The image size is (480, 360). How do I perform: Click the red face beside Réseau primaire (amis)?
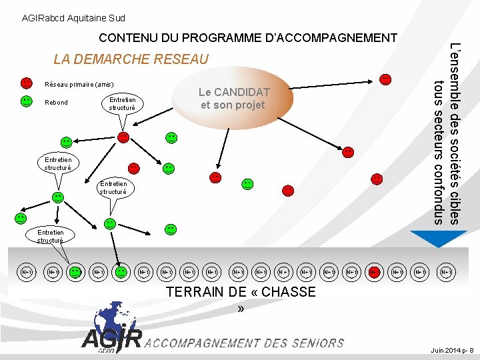pyautogui.click(x=26, y=83)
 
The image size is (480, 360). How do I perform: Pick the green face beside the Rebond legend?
pyautogui.click(x=26, y=101)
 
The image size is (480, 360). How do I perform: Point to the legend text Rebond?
pyautogui.click(x=56, y=102)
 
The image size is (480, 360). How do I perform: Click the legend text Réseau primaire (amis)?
pyautogui.click(x=79, y=85)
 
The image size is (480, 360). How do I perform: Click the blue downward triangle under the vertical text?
pyautogui.click(x=429, y=238)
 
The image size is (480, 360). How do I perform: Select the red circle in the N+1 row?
pyautogui.click(x=375, y=272)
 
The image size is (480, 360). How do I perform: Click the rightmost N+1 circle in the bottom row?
pyautogui.click(x=446, y=272)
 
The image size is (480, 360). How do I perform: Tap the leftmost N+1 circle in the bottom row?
pyautogui.click(x=27, y=272)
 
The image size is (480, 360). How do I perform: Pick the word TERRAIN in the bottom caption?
pyautogui.click(x=191, y=292)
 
